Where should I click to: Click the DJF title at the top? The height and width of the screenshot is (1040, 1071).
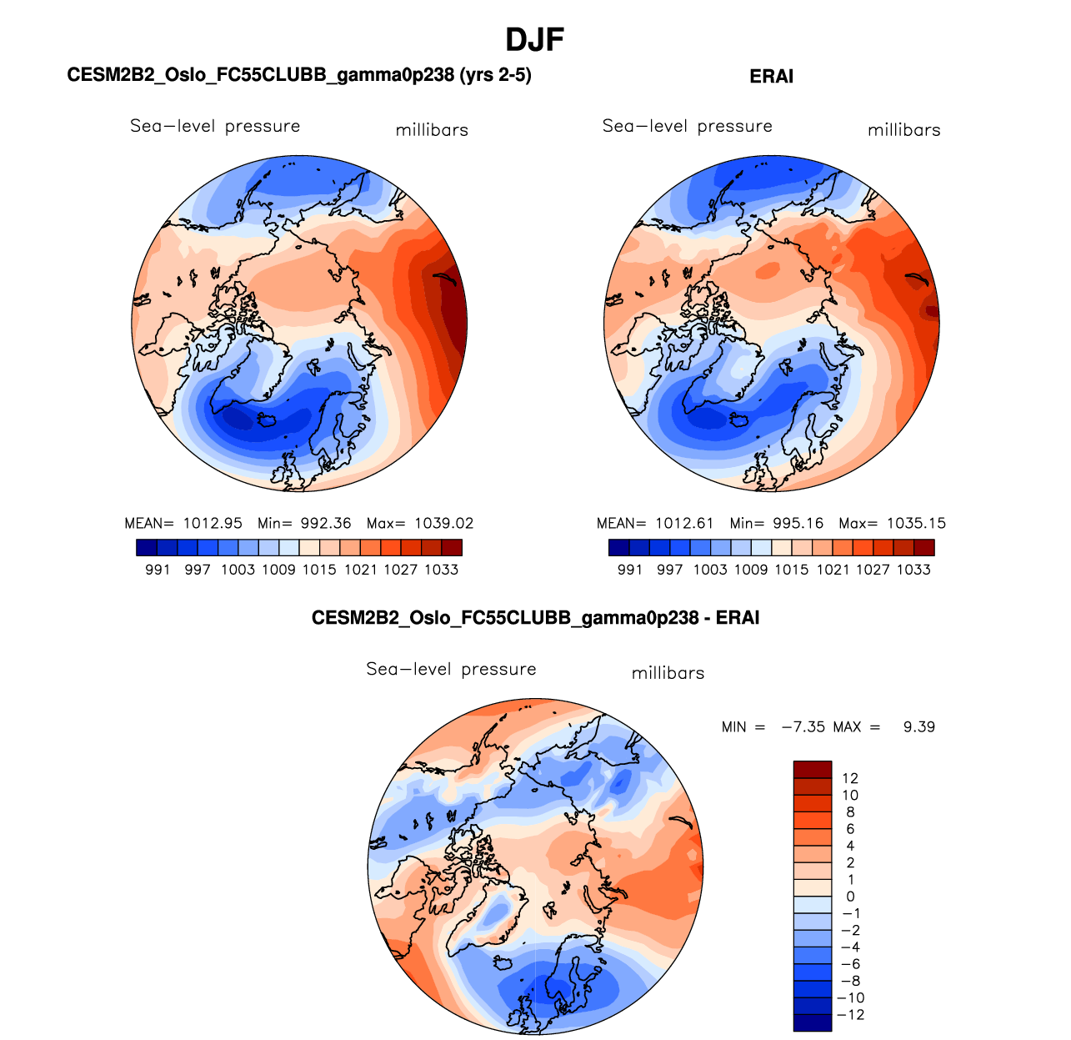[535, 39]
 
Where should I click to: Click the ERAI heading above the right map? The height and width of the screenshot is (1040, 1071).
[771, 77]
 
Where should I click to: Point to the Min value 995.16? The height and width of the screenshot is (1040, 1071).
[798, 524]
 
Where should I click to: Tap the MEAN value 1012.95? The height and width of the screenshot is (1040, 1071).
[213, 524]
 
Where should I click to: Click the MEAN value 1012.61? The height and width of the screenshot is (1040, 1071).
[685, 524]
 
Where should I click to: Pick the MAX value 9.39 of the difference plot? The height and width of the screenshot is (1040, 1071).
[919, 727]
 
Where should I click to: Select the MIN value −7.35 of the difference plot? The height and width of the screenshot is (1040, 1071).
[803, 727]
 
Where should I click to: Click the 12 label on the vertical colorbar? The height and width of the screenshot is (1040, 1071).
[850, 778]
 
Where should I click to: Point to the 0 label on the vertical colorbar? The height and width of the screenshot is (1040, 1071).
[850, 897]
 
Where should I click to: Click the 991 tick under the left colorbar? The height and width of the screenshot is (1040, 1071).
[158, 570]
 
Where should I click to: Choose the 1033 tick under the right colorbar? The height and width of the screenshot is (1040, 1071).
[913, 570]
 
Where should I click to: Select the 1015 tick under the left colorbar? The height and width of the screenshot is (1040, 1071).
[319, 570]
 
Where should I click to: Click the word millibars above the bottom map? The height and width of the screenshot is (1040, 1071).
[668, 673]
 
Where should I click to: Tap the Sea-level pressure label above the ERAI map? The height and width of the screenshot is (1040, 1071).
[688, 126]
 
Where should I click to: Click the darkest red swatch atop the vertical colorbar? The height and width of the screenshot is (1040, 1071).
[813, 769]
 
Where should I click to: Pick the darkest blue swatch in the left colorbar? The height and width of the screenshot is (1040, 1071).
[146, 548]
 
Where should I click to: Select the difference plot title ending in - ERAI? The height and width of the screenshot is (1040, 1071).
[535, 618]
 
